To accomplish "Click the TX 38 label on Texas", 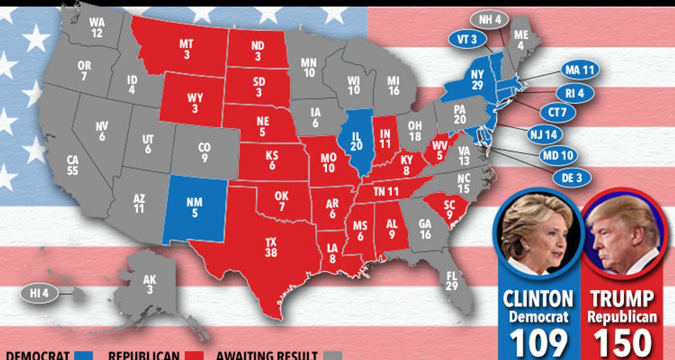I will point(271,247).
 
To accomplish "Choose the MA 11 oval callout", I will point(579,70).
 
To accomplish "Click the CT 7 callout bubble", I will point(557,113).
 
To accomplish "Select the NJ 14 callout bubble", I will point(544,134).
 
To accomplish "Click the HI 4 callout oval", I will point(38,293).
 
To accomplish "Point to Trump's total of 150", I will point(622,343).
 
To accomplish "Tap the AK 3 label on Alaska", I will point(149,284).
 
